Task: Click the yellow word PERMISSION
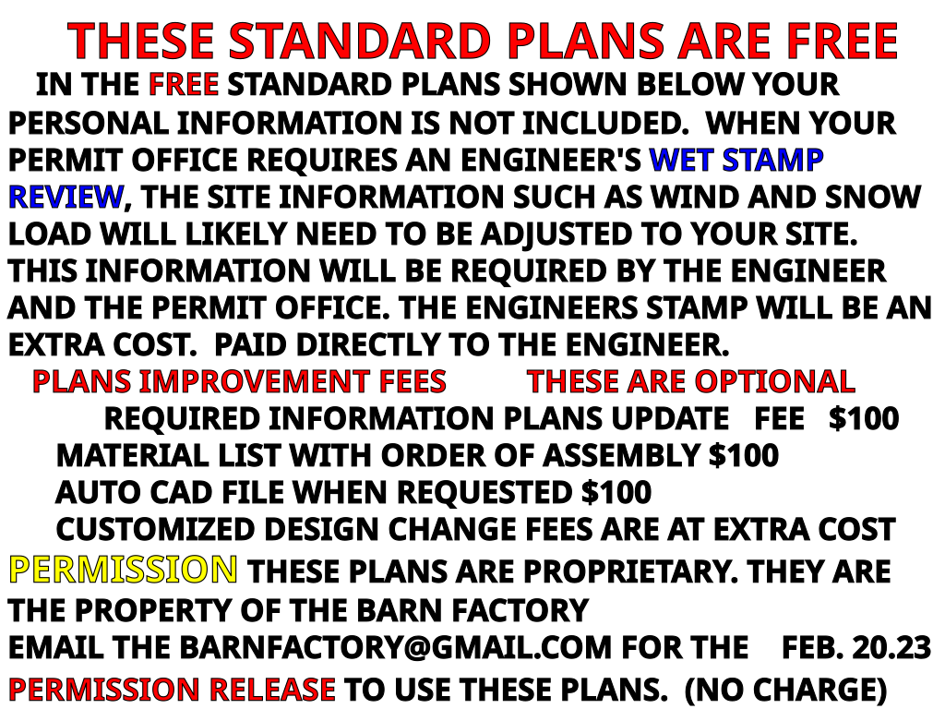click(123, 569)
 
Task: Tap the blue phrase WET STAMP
click(736, 160)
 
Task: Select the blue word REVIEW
click(66, 198)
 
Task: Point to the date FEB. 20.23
click(855, 647)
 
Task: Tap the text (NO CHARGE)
click(786, 689)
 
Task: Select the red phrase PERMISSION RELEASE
click(172, 689)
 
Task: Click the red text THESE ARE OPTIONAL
click(690, 381)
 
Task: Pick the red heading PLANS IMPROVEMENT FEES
click(239, 381)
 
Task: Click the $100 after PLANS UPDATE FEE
click(864, 418)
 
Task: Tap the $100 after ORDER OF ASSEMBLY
click(744, 455)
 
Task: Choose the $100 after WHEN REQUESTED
click(616, 492)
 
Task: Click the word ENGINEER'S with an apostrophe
click(551, 160)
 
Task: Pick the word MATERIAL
click(132, 455)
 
